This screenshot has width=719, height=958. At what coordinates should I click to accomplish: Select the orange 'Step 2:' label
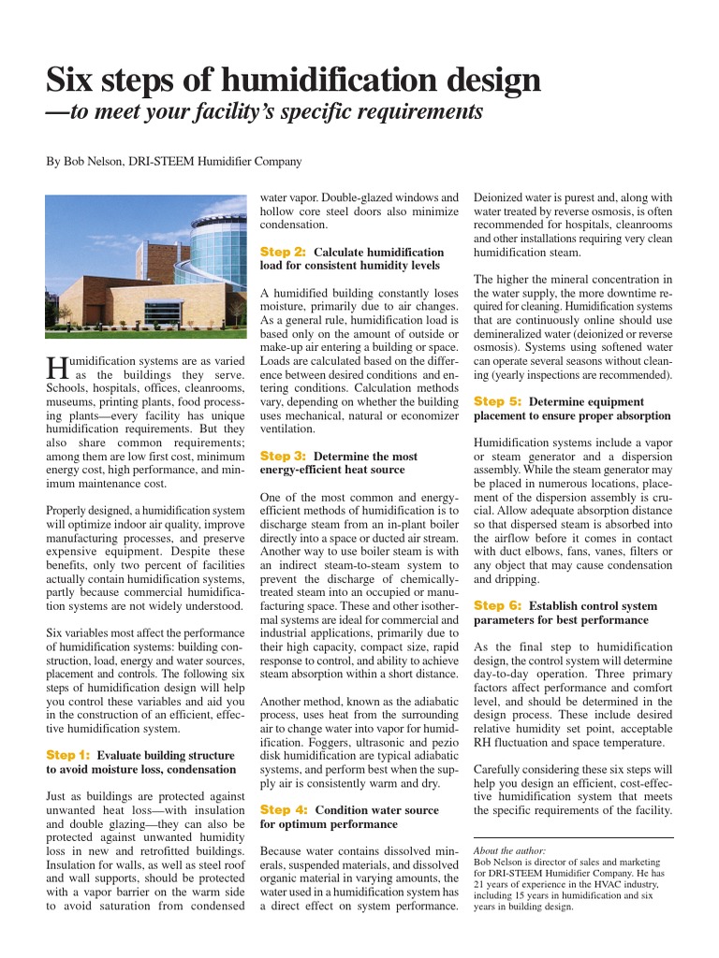pos(283,252)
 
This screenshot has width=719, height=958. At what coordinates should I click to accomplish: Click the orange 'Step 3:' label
pos(283,456)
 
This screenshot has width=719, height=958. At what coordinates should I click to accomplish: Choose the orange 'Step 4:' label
pos(283,809)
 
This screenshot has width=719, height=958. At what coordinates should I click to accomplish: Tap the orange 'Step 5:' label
pos(497,400)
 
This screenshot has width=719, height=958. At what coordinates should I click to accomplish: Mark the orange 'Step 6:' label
pos(497,605)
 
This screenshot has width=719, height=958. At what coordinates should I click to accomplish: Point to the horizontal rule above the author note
pos(573,837)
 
